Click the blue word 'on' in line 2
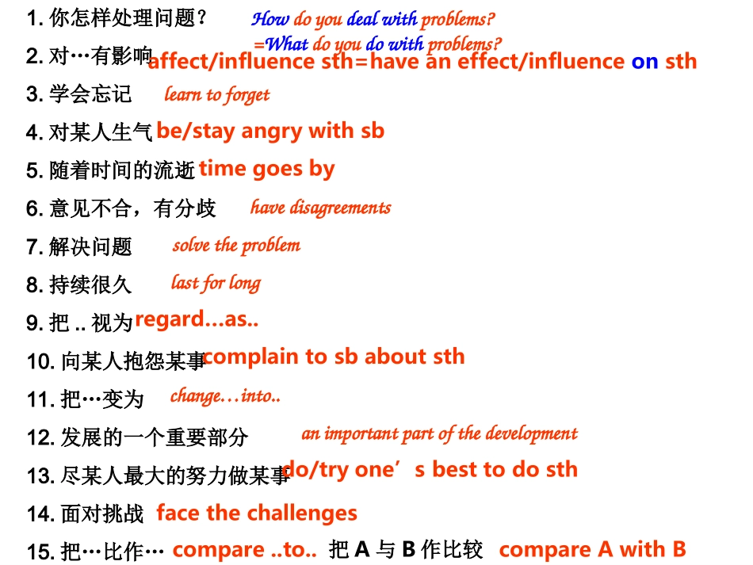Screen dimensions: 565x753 644,61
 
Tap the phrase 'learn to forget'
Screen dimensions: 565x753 216,95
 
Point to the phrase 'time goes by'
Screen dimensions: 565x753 266,168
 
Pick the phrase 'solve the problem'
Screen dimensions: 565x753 236,245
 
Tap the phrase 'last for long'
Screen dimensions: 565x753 216,282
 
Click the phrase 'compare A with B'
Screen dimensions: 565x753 592,549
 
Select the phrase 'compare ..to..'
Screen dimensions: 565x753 244,549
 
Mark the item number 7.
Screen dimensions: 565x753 34,246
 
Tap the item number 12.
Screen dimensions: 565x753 40,437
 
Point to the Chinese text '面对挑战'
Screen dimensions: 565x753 102,513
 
